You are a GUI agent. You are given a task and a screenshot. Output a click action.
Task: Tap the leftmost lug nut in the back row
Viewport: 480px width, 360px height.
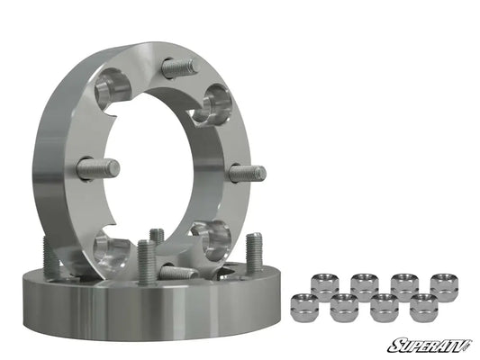(x=324, y=286)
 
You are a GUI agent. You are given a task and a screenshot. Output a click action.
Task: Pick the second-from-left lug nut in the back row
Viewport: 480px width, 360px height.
(x=364, y=286)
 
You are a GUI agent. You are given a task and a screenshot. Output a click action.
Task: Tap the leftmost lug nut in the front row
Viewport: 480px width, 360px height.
(x=304, y=309)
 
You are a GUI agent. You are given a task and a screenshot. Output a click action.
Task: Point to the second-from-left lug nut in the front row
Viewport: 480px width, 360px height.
(x=343, y=309)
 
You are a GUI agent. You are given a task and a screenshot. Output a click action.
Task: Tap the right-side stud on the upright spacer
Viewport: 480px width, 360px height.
(x=245, y=172)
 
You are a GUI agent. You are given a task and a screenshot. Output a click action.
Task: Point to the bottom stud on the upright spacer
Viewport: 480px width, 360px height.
(x=177, y=271)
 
